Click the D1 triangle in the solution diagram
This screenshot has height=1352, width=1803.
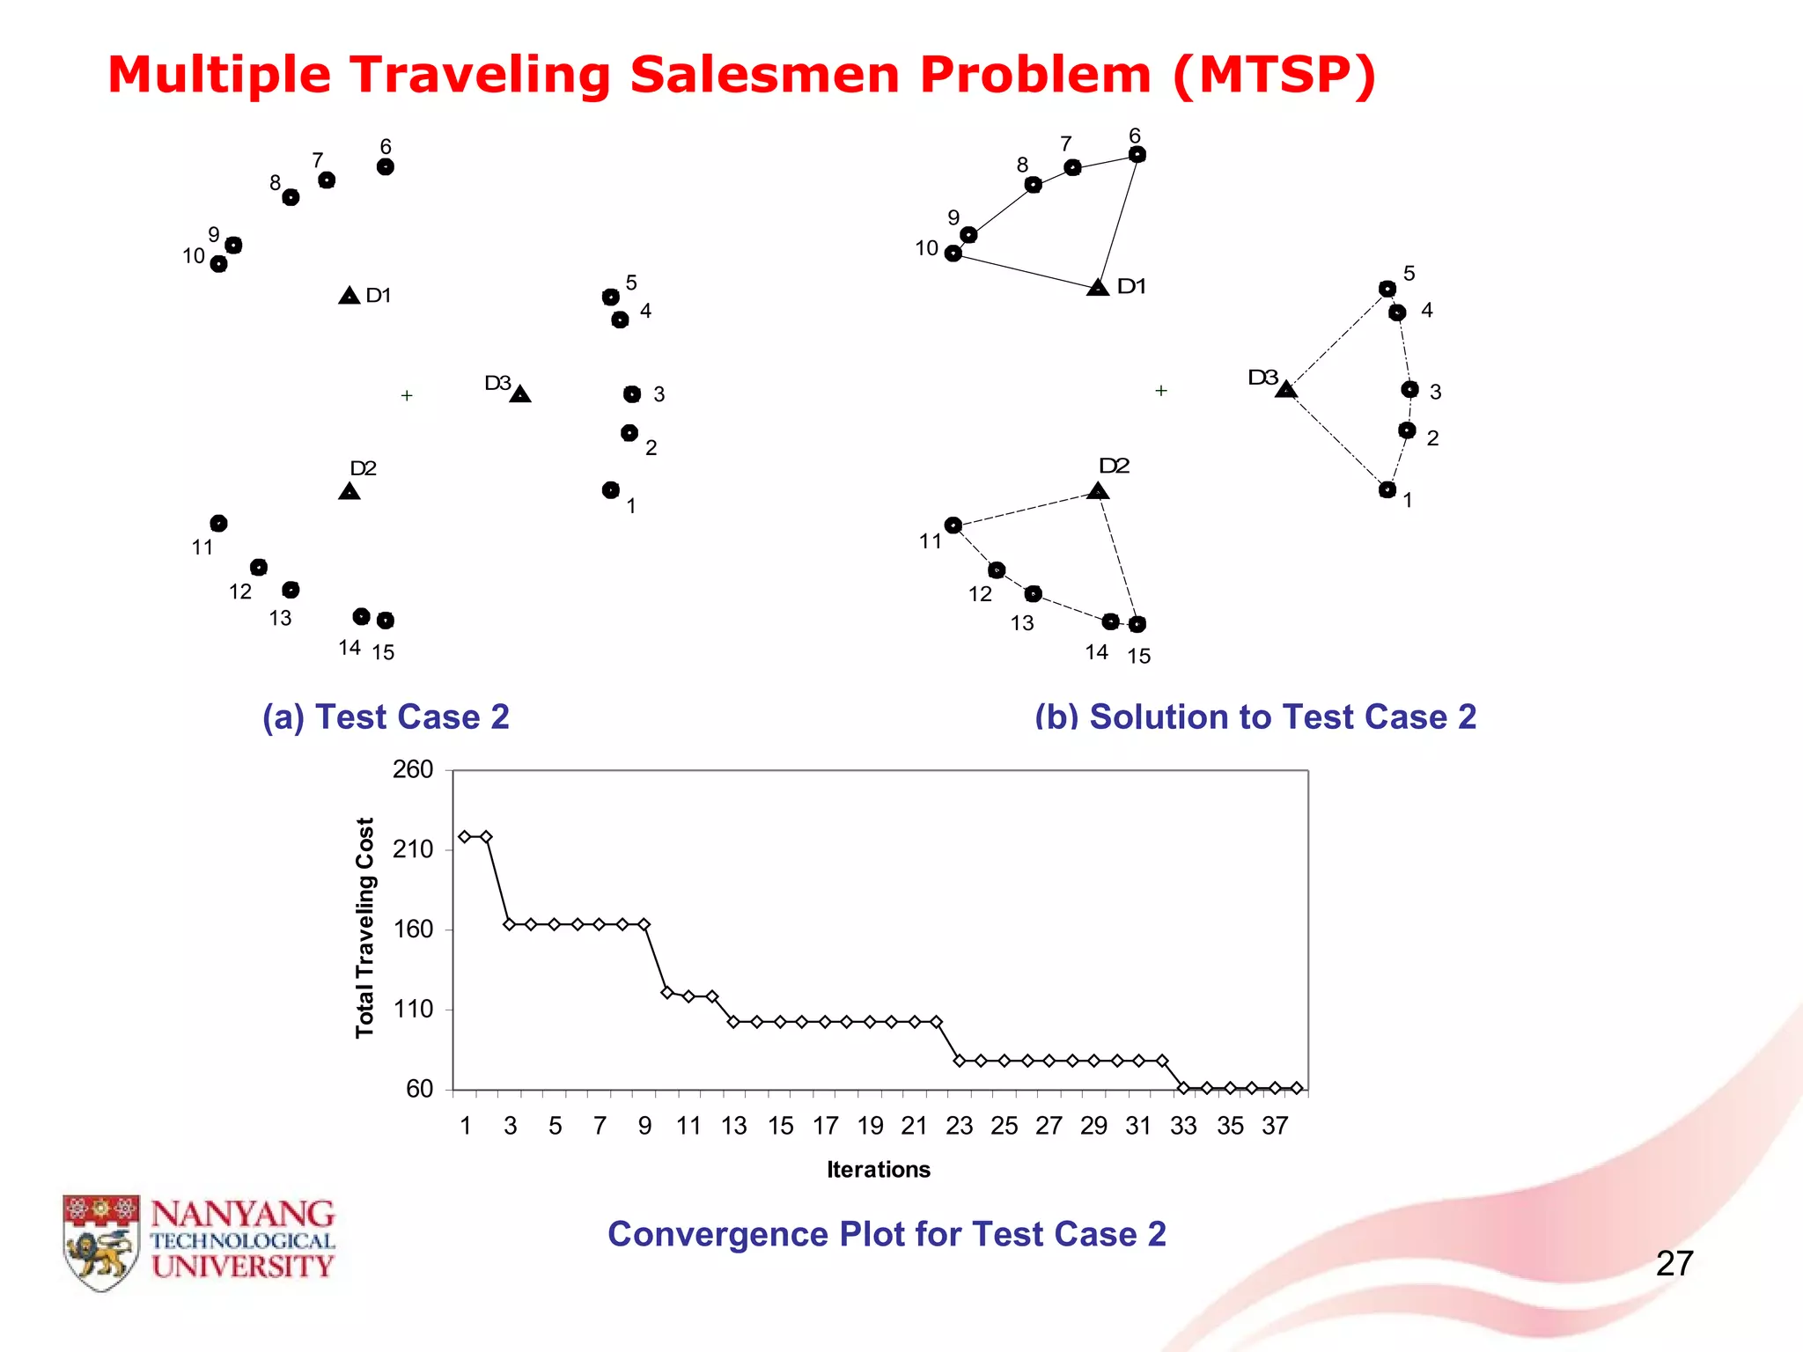(1098, 288)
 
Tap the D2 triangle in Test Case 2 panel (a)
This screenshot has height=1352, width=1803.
(350, 491)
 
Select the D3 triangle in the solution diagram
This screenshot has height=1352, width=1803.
(1286, 389)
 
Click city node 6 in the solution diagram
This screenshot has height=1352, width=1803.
(1137, 155)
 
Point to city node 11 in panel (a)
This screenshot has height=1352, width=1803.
(219, 524)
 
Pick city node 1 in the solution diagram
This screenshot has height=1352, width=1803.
(1387, 489)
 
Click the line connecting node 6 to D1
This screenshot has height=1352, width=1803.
(1118, 220)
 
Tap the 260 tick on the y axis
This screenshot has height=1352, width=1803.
(413, 770)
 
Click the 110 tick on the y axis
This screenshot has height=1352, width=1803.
(413, 1010)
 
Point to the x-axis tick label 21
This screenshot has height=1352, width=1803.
(914, 1126)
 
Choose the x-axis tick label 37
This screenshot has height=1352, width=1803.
(1275, 1126)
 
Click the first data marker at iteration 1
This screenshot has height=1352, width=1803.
(465, 836)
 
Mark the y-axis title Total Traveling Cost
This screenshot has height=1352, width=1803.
(364, 928)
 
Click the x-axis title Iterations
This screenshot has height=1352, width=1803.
(878, 1170)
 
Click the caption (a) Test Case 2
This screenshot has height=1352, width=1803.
(386, 717)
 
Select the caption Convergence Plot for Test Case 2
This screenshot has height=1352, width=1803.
(887, 1234)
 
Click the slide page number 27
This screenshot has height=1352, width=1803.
(1674, 1264)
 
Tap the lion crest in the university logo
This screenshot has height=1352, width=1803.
(100, 1243)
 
